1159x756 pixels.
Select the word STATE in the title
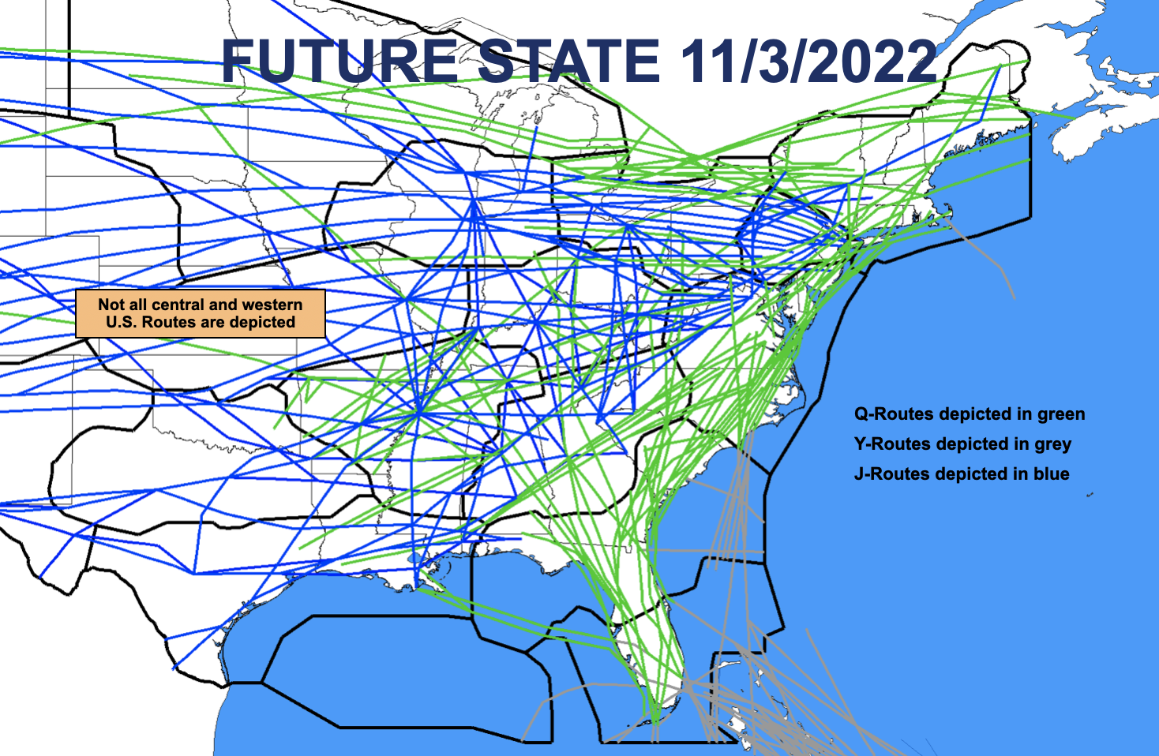tap(568, 62)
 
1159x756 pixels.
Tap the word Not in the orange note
tap(111, 305)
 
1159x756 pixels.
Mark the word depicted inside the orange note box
tap(262, 323)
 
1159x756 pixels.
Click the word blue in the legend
tap(1052, 474)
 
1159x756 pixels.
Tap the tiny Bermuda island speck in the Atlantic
tap(1090, 496)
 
